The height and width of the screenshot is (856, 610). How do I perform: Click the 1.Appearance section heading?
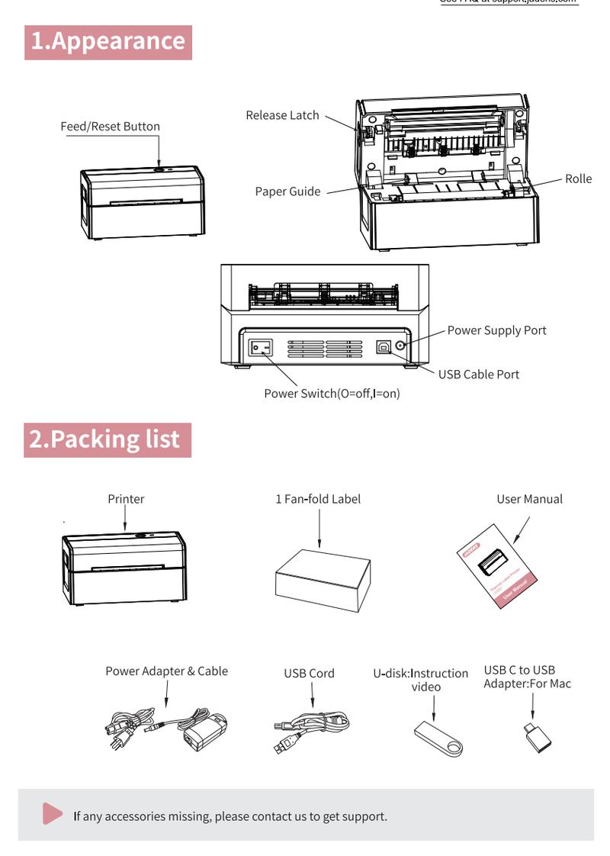click(108, 42)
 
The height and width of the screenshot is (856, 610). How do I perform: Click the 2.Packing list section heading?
click(107, 439)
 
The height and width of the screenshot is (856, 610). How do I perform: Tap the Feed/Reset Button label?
click(111, 127)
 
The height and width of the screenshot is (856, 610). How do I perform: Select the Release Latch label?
click(282, 115)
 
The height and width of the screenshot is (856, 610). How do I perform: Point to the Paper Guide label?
click(287, 191)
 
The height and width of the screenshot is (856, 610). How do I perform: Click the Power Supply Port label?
click(496, 330)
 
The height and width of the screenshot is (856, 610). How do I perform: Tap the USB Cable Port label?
click(478, 374)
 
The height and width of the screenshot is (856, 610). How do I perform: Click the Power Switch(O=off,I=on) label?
click(332, 394)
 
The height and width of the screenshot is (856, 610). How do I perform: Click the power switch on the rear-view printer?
click(262, 348)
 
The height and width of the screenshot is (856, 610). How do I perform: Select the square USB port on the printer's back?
click(382, 347)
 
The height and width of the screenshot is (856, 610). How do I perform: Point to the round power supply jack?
click(400, 348)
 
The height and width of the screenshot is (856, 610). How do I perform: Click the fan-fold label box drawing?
click(322, 578)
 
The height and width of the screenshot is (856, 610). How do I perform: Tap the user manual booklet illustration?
click(499, 565)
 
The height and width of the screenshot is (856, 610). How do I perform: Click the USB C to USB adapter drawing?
click(538, 739)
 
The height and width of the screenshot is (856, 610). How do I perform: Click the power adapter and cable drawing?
click(164, 728)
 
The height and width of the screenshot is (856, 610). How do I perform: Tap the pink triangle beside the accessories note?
click(52, 814)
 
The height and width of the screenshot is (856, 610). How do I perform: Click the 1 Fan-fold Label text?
click(318, 499)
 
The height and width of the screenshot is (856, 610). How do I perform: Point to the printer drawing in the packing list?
click(124, 567)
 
